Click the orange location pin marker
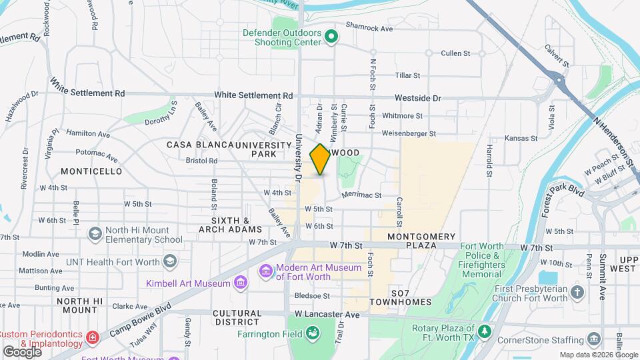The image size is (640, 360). [x=320, y=159]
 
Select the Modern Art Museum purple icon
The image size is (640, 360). [x=266, y=271]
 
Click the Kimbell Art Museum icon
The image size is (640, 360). [x=241, y=283]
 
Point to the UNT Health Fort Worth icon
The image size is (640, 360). [x=171, y=261]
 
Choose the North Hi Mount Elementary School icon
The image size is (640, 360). [x=95, y=233]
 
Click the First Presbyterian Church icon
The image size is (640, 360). [x=577, y=291]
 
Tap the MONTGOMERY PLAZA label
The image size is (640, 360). [x=421, y=237]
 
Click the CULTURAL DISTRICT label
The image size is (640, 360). [x=237, y=317]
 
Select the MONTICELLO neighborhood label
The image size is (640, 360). [x=91, y=171]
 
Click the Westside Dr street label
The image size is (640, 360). [x=418, y=98]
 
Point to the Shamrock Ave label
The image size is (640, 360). [x=371, y=29]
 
